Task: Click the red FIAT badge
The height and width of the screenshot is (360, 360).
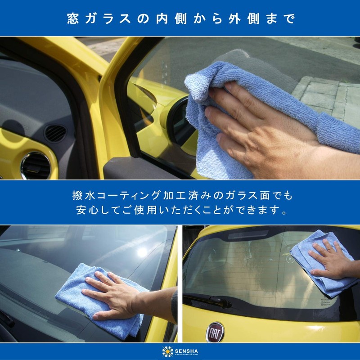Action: point(215,332)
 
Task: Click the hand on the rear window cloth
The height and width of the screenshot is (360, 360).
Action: point(331,260)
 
